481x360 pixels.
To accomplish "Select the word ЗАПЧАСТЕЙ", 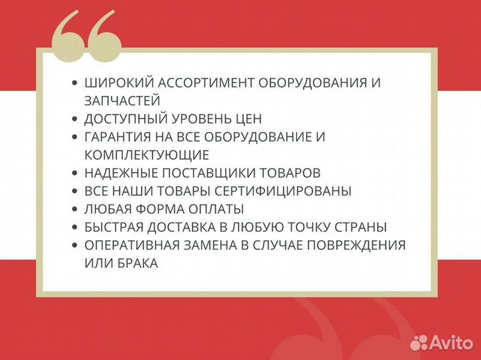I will coord(122,101).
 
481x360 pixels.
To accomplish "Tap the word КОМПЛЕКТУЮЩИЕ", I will coord(147,155).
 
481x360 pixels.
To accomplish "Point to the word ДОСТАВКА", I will coord(182,227).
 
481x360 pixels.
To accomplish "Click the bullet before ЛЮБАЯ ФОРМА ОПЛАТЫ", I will coord(74,209).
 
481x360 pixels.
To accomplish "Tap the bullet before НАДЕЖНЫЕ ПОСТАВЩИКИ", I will coord(74,173).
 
